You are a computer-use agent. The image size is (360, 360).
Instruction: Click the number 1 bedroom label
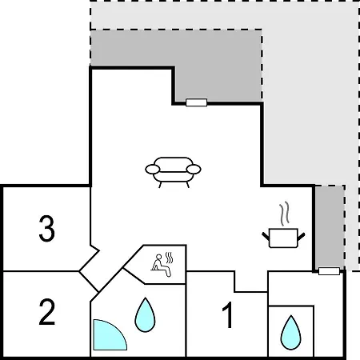[228, 314]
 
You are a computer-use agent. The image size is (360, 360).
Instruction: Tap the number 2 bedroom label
[47, 312]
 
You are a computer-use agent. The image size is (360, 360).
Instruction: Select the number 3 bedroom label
[47, 229]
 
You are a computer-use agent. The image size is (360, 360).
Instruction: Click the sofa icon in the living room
[173, 172]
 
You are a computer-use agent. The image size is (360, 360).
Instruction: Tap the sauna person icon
[161, 266]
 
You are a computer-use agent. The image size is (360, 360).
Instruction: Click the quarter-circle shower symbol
[110, 334]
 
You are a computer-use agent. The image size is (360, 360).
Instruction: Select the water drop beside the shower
[145, 315]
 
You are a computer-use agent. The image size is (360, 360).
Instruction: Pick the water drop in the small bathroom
[290, 333]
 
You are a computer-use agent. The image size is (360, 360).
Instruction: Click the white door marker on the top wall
[197, 102]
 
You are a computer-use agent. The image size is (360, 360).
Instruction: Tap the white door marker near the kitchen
[329, 271]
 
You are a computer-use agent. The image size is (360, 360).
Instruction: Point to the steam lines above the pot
[285, 214]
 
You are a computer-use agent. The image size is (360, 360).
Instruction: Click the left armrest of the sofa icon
[153, 169]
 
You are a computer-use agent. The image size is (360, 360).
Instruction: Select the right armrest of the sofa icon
[194, 169]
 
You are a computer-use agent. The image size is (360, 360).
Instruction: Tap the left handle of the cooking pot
[266, 236]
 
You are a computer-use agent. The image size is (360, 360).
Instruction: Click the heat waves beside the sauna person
[169, 258]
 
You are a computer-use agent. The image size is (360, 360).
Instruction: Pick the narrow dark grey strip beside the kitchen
[330, 226]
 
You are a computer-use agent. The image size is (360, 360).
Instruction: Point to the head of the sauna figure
[159, 257]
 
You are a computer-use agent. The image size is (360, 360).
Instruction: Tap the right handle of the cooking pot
[301, 236]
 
